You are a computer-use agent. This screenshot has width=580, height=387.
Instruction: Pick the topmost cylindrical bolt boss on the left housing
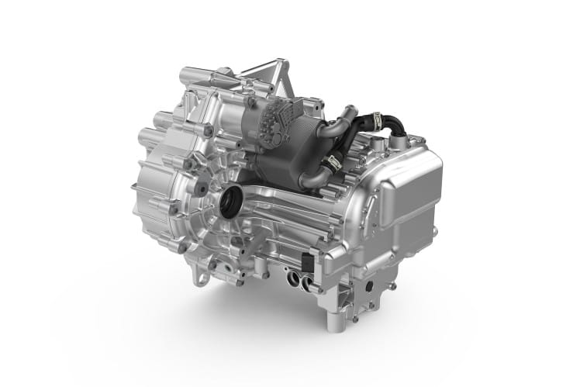pyautogui.click(x=186, y=76)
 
